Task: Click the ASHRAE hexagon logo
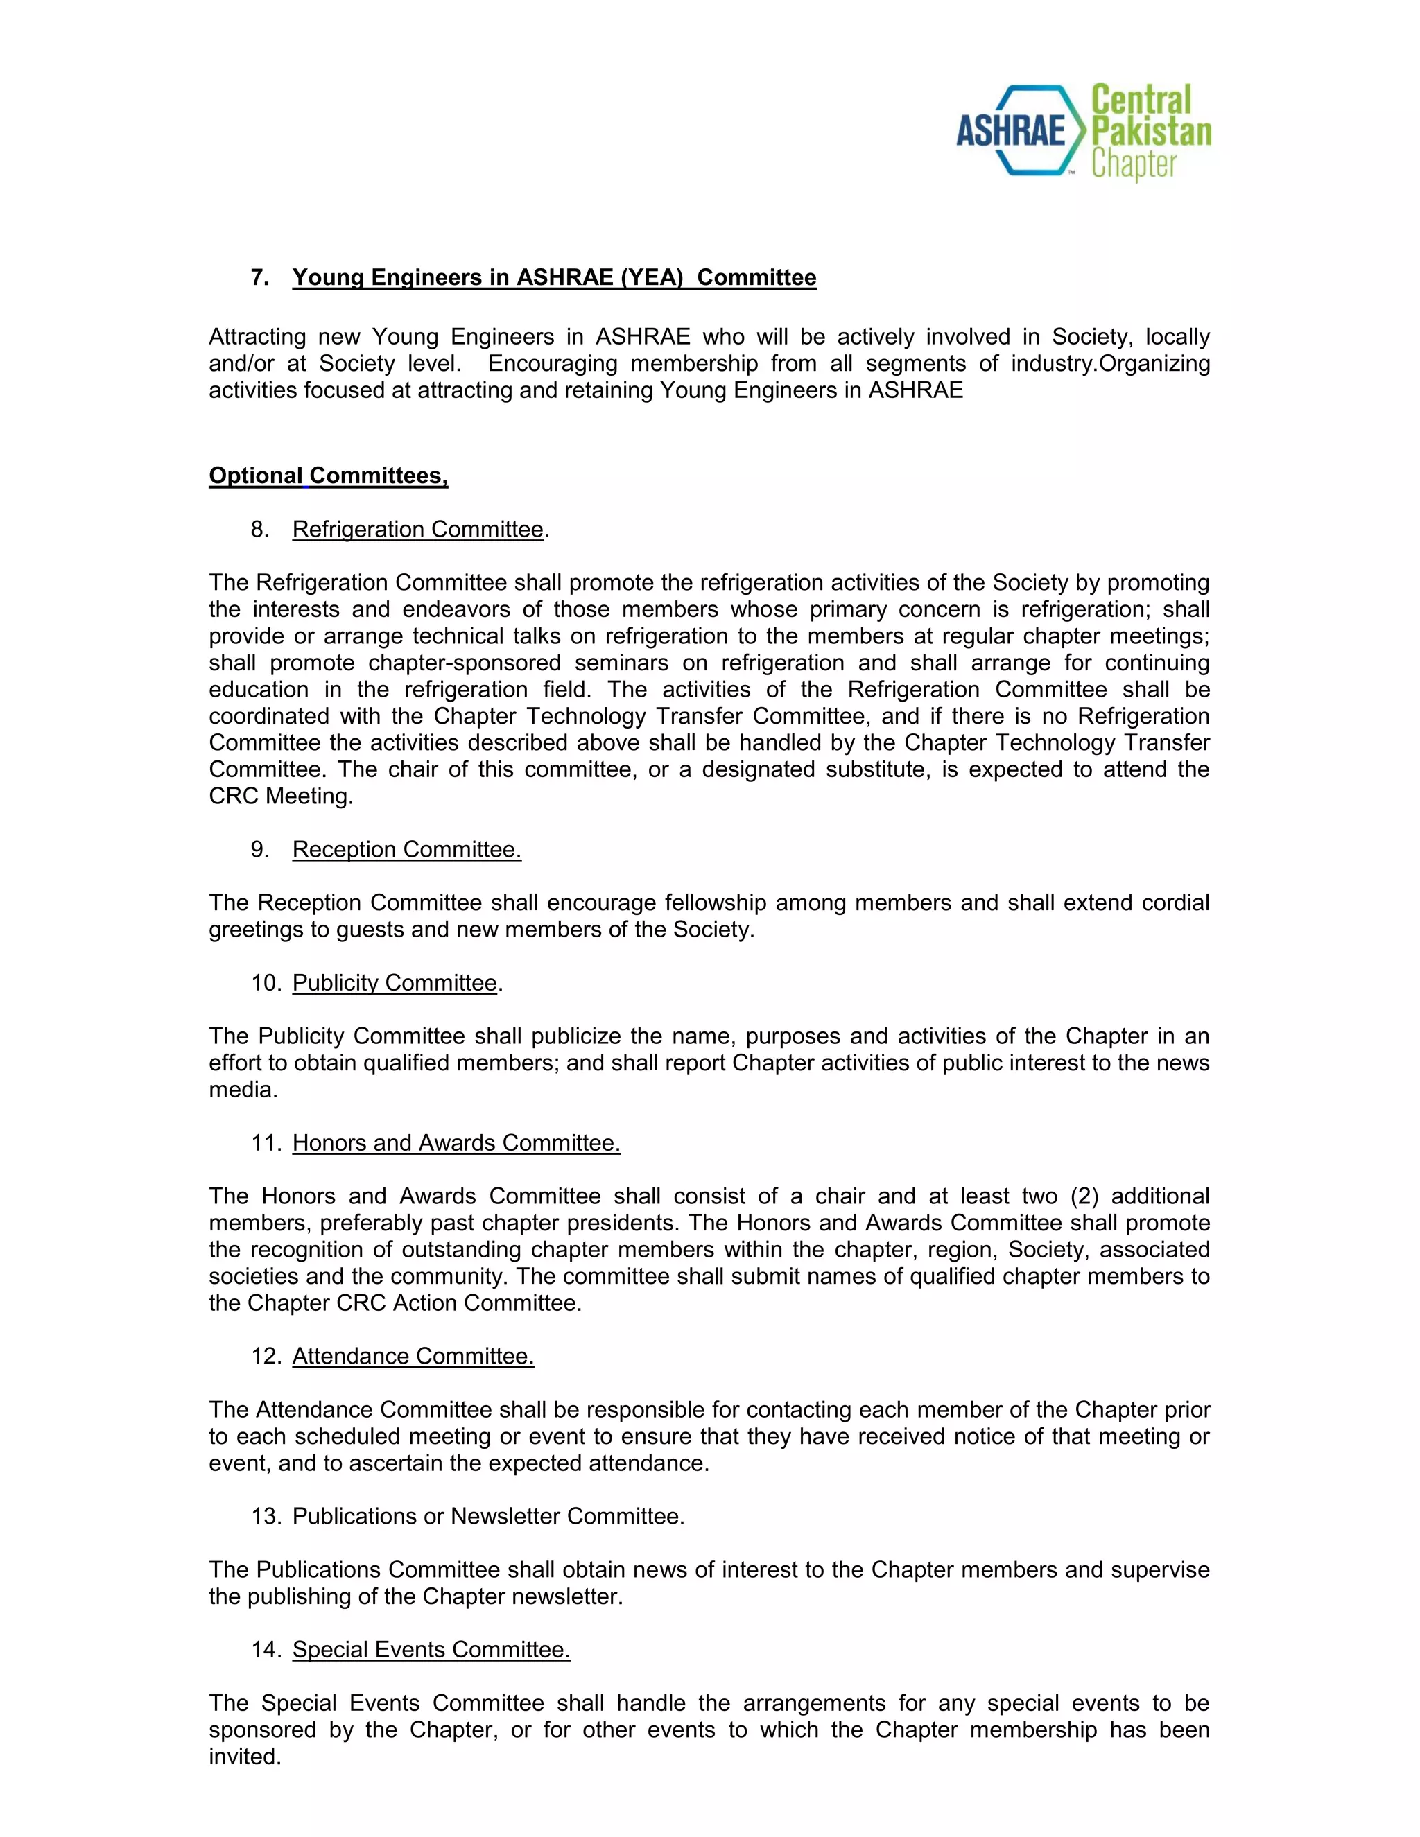coord(1019,131)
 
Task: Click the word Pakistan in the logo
coord(1150,131)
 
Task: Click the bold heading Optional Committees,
coord(328,476)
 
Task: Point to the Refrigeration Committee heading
coord(417,529)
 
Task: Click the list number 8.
coord(259,529)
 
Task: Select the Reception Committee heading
coord(406,850)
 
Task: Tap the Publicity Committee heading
coord(395,982)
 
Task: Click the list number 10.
coord(265,982)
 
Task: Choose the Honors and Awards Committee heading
coord(456,1143)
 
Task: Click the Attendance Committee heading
coord(413,1356)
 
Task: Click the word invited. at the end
coord(245,1757)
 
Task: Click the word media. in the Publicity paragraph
coord(243,1090)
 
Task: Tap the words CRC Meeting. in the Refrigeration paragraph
coord(281,796)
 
